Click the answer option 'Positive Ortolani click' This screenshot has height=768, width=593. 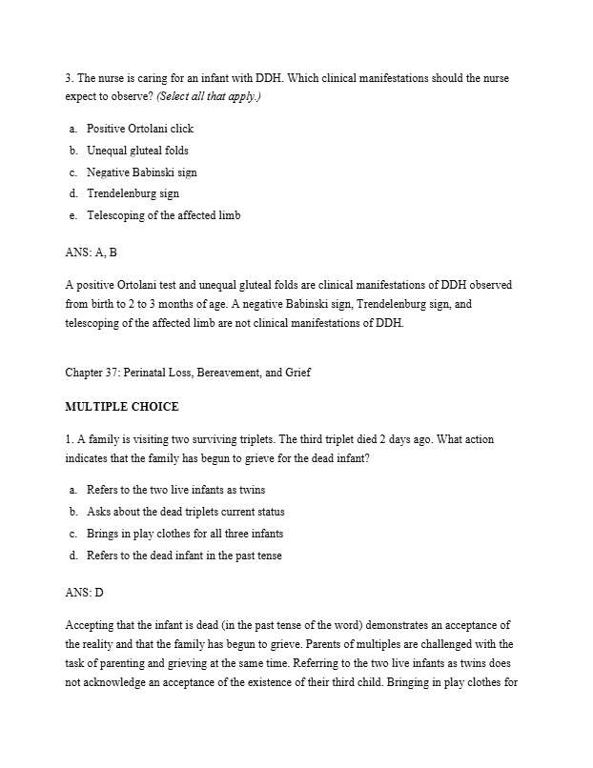139,129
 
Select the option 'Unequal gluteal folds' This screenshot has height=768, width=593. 137,151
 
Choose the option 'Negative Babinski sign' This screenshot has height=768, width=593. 142,172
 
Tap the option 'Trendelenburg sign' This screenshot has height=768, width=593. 133,193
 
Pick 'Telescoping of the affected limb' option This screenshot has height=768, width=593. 163,215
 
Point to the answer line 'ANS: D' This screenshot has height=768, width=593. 84,593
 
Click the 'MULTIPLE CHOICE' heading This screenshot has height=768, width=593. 121,407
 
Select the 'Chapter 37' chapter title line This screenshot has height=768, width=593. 188,373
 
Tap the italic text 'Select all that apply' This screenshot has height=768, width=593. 211,97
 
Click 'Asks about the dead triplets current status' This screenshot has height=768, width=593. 185,512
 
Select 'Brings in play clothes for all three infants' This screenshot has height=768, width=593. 184,534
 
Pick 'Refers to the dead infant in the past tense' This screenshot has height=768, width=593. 183,556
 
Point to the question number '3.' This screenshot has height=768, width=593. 69,77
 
